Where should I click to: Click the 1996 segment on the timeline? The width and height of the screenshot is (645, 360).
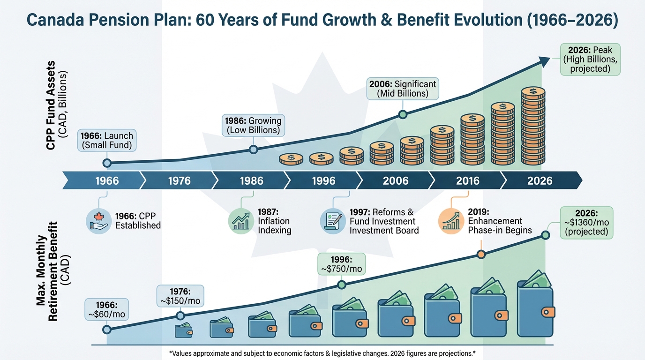click(x=323, y=180)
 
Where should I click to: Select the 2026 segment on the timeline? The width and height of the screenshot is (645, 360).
click(x=540, y=180)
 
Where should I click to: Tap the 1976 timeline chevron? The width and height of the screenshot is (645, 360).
click(x=179, y=180)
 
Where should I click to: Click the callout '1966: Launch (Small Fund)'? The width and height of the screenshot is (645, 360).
click(x=107, y=141)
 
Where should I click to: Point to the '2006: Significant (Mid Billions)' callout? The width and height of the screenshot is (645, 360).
click(x=402, y=89)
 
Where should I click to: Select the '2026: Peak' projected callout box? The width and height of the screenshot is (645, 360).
click(x=590, y=60)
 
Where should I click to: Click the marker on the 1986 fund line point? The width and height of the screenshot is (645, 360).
click(x=253, y=150)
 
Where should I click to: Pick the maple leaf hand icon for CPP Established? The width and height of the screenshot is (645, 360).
click(x=98, y=221)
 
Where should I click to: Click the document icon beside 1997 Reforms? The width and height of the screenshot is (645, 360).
click(x=332, y=221)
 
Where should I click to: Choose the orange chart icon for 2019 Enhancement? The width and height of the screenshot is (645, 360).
click(x=450, y=221)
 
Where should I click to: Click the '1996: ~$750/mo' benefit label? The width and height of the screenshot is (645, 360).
click(x=341, y=264)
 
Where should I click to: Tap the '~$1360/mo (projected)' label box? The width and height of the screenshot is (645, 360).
click(x=587, y=223)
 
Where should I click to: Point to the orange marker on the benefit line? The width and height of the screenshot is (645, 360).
click(x=480, y=255)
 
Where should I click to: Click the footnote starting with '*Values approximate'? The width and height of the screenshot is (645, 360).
click(x=322, y=352)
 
